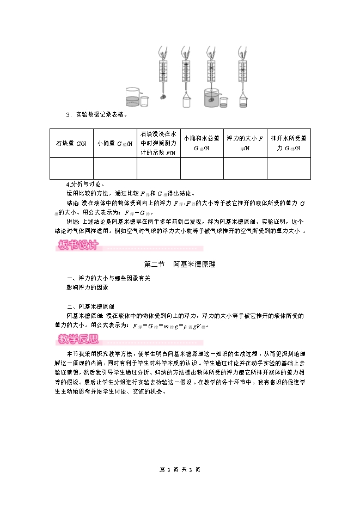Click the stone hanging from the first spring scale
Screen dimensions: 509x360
[x=162, y=97]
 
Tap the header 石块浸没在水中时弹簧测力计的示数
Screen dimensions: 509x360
[x=158, y=143]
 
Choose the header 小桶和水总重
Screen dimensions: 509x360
[x=202, y=143]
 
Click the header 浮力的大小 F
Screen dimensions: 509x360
[x=245, y=143]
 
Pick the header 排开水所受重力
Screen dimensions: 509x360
[x=289, y=143]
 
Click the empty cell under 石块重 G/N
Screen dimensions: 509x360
[x=71, y=168]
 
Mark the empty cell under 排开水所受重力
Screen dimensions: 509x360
[x=289, y=168]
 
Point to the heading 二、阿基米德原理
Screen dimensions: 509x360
[x=90, y=306]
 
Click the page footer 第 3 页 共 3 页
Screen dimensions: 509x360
[x=180, y=469]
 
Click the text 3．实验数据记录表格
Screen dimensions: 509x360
[x=96, y=115]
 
